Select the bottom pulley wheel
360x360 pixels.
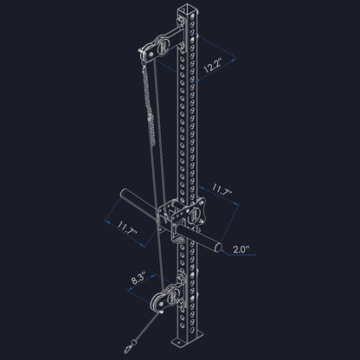[x=160, y=299]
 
